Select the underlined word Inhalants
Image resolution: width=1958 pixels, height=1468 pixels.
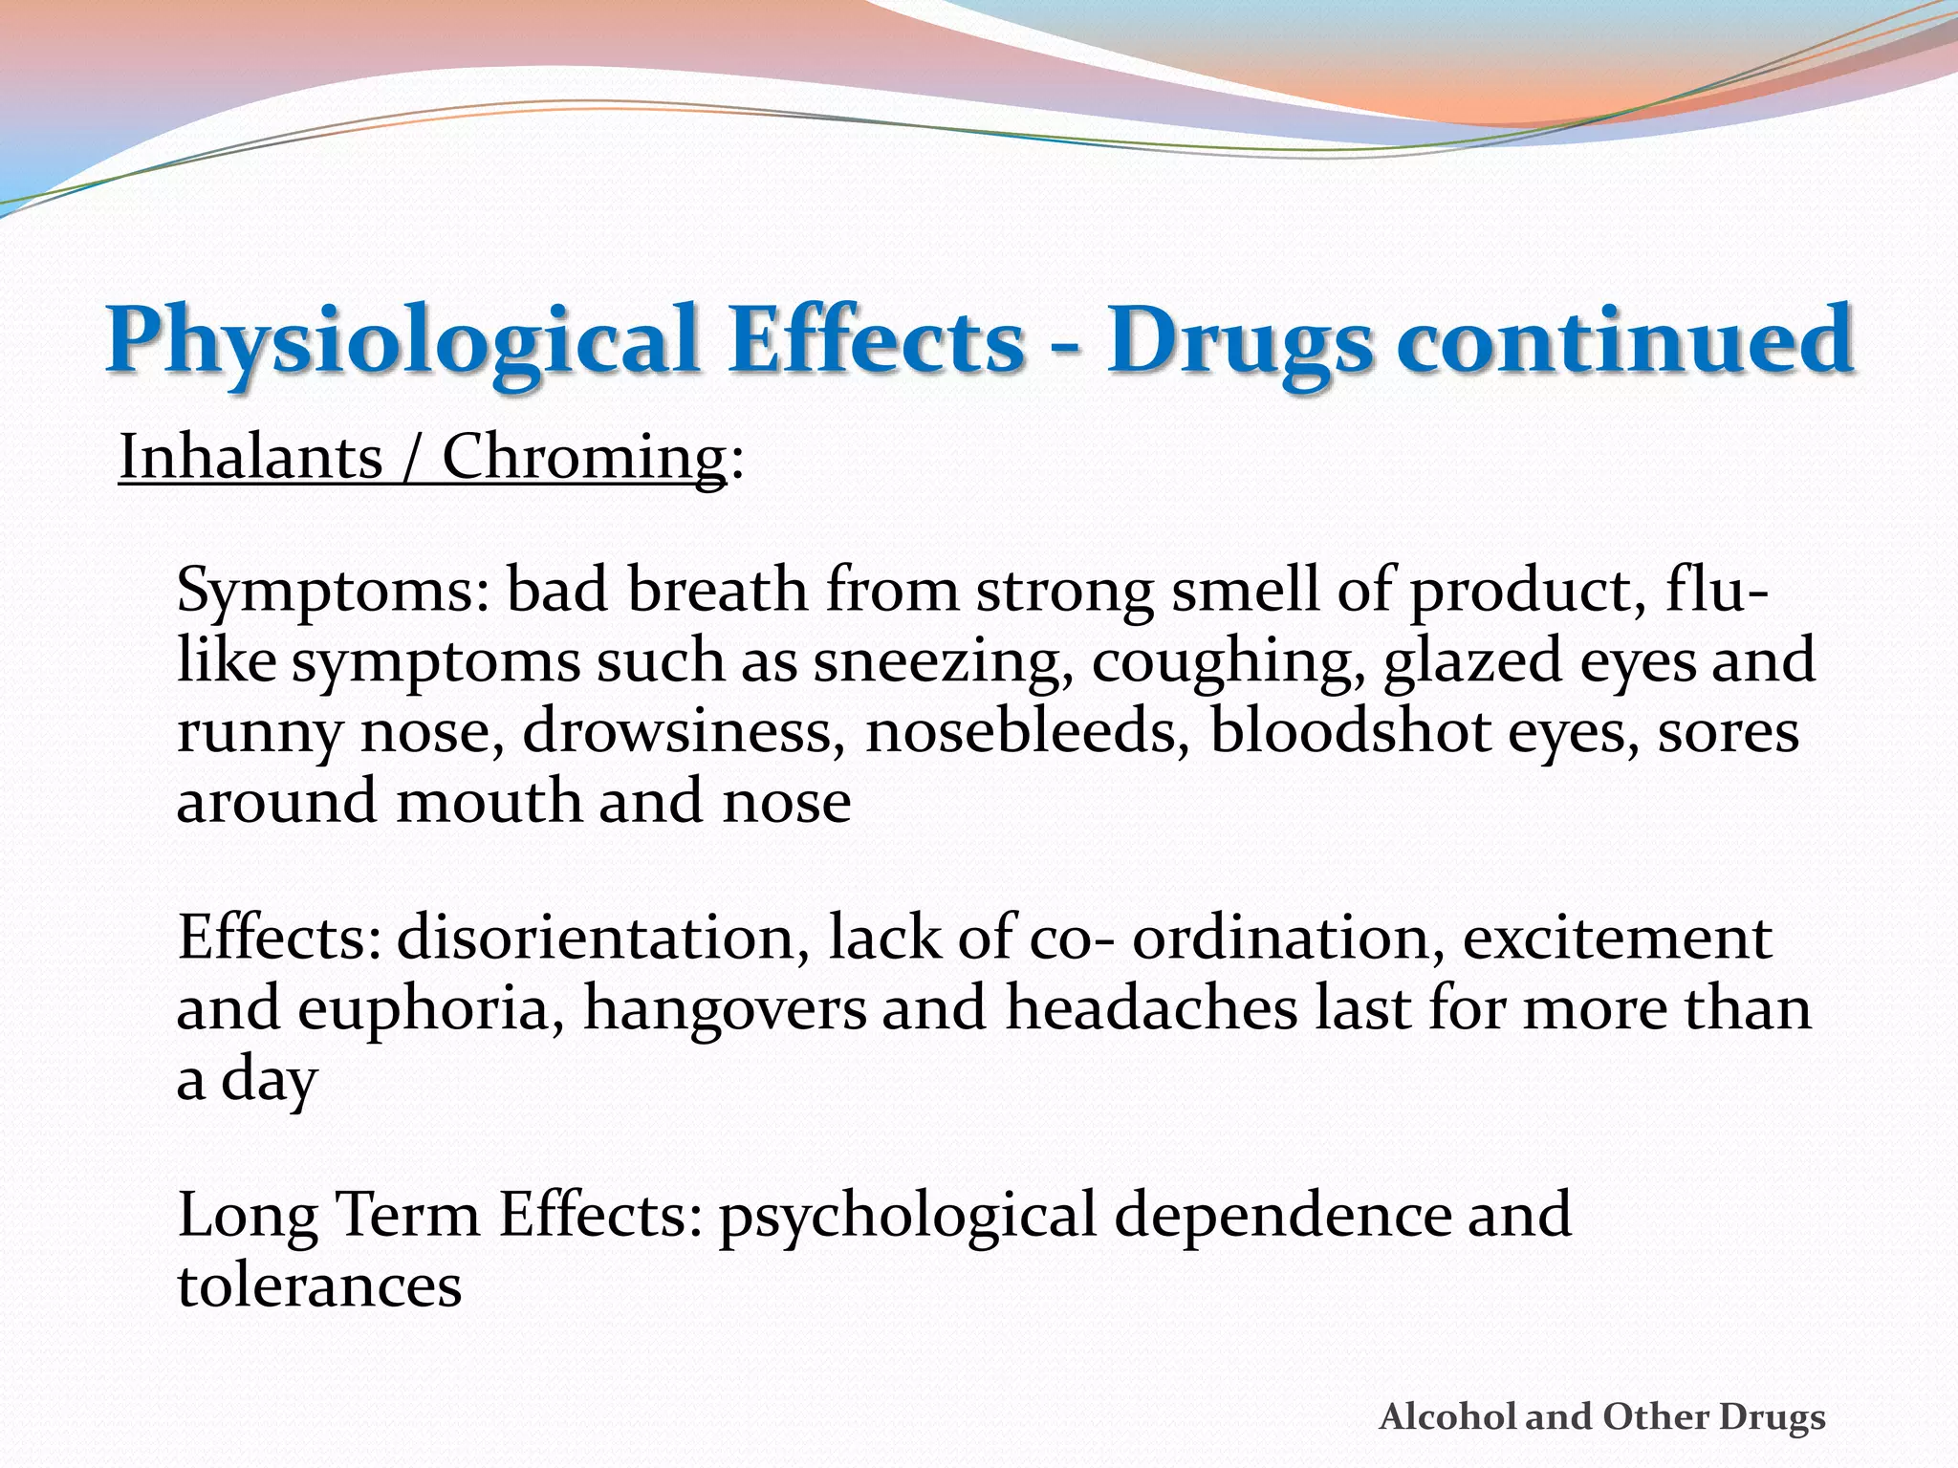coord(250,457)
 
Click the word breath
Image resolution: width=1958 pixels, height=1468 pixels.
coord(717,590)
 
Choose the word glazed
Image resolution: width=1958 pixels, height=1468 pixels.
coord(1473,661)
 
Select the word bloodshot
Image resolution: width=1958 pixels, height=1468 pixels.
coord(1349,732)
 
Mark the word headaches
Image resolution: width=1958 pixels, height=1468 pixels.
coord(1151,1008)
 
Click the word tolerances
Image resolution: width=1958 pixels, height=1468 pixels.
coord(319,1285)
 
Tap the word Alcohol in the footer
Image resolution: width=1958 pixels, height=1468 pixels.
coord(1449,1416)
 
